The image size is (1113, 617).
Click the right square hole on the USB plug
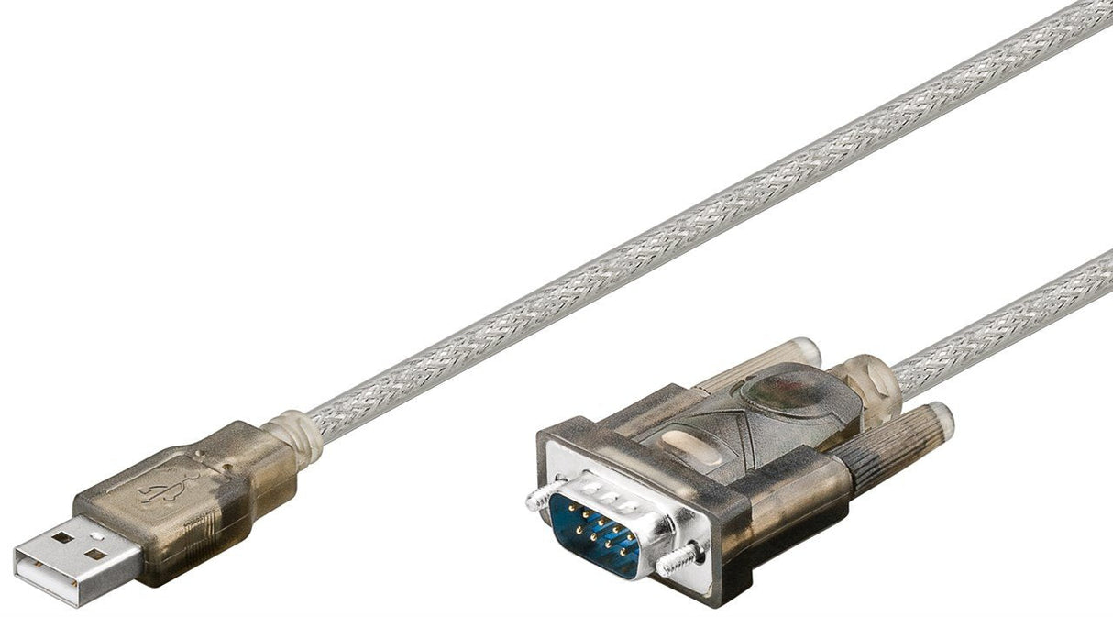[x=95, y=554]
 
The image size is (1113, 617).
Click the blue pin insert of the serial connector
[x=594, y=536]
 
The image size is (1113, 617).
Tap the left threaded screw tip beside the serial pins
[x=535, y=498]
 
